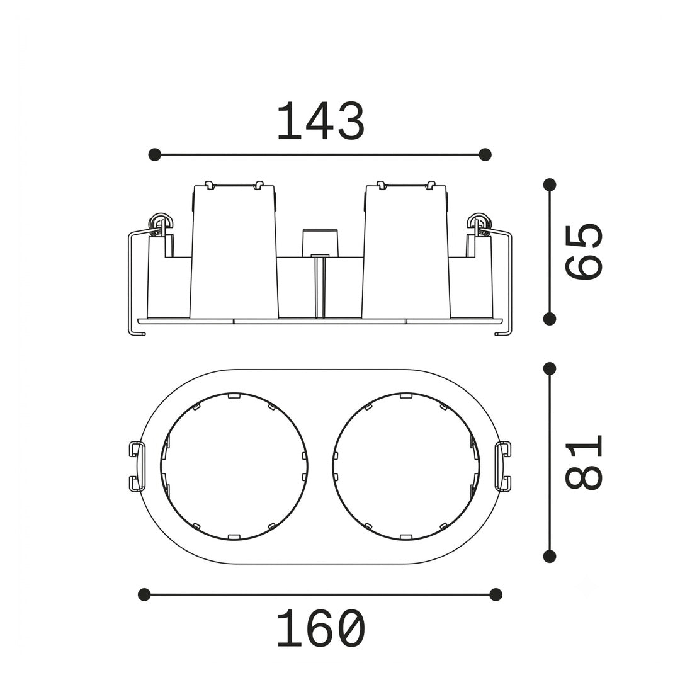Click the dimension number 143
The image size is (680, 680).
click(320, 122)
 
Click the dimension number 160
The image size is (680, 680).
click(320, 628)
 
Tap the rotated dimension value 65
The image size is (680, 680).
click(584, 251)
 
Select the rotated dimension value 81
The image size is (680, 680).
click(584, 463)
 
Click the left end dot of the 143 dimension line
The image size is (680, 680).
click(154, 154)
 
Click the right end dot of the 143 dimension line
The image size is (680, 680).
click(485, 154)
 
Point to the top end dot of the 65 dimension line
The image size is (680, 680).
click(550, 184)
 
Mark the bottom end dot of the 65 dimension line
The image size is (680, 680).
click(550, 319)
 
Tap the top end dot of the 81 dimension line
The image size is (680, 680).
click(550, 368)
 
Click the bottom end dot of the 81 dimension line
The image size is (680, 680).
click(550, 557)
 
